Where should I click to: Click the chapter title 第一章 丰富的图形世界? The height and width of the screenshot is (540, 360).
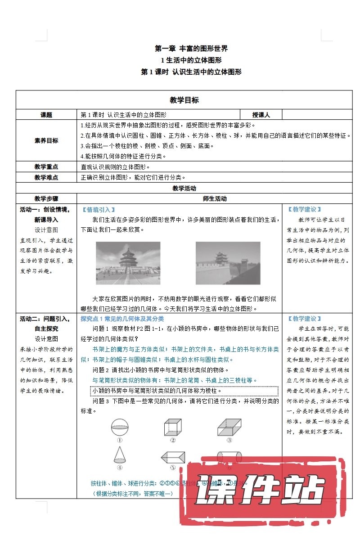point(191,49)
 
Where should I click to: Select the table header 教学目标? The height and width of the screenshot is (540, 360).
point(184,100)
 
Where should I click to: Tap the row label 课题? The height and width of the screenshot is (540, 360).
point(46,115)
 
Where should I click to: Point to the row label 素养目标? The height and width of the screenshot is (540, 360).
point(46,140)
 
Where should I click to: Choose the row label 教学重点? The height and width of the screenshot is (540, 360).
point(46,166)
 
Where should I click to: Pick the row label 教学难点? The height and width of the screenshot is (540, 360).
point(46,177)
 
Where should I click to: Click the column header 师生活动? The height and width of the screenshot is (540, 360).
point(215,198)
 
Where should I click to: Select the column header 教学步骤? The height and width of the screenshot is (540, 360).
point(46,198)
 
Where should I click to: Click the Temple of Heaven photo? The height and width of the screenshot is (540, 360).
point(128,263)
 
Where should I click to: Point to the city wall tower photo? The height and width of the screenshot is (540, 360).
point(228,263)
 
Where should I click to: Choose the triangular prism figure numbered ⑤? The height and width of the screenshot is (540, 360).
point(173,457)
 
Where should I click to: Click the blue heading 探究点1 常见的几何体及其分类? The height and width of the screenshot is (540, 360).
point(122,319)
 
